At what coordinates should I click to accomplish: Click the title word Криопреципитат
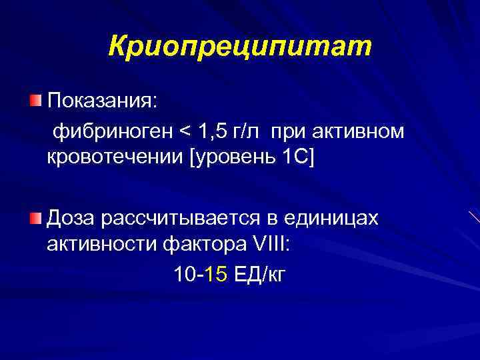(x=239, y=46)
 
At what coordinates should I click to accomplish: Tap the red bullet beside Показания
(x=35, y=101)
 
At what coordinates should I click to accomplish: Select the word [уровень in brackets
(x=227, y=161)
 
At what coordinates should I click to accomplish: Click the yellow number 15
(x=217, y=274)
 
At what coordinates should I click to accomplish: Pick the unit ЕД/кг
(x=260, y=274)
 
